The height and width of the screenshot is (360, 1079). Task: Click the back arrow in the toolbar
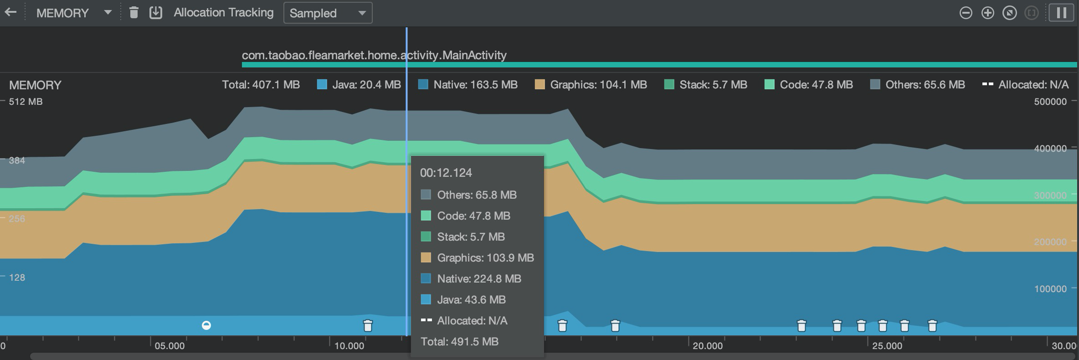click(x=10, y=12)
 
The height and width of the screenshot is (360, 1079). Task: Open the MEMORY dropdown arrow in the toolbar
click(x=108, y=12)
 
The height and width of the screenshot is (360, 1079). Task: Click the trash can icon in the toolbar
click(x=134, y=12)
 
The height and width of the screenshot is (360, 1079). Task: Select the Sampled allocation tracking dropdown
click(x=328, y=13)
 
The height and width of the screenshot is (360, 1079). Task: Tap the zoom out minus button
click(x=966, y=13)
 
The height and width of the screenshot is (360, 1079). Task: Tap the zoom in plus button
click(x=987, y=13)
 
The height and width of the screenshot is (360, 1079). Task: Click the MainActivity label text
click(x=374, y=55)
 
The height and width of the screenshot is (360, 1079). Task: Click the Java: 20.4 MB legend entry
click(x=359, y=85)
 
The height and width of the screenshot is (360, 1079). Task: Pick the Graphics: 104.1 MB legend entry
click(x=591, y=85)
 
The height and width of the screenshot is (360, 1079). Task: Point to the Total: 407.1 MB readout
click(x=261, y=85)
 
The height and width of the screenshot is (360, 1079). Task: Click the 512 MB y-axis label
click(x=26, y=102)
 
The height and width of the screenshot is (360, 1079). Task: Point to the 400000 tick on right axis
click(x=1050, y=149)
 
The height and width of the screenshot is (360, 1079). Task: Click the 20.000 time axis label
click(x=707, y=346)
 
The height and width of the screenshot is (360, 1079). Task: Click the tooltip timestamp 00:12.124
click(x=446, y=173)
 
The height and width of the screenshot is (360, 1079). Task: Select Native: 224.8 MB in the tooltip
click(x=478, y=278)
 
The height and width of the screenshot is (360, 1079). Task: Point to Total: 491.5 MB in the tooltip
click(x=459, y=341)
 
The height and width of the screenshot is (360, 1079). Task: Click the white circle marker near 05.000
click(x=206, y=325)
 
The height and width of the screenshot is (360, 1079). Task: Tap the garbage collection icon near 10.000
click(x=368, y=325)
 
